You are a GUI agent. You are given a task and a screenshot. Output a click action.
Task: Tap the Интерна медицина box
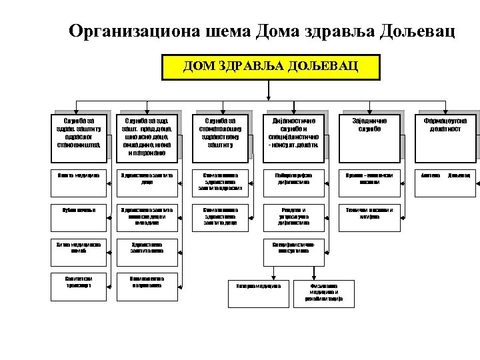[x=259, y=287]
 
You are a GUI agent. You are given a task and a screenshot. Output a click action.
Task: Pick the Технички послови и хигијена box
[x=369, y=212]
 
